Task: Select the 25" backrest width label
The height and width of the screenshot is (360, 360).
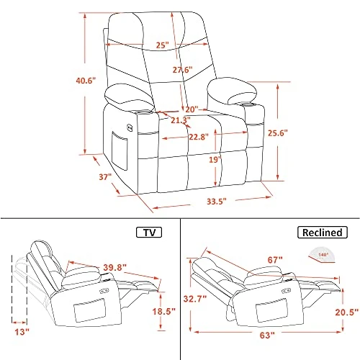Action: click(x=162, y=45)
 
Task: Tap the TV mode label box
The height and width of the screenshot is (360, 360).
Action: click(x=148, y=232)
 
